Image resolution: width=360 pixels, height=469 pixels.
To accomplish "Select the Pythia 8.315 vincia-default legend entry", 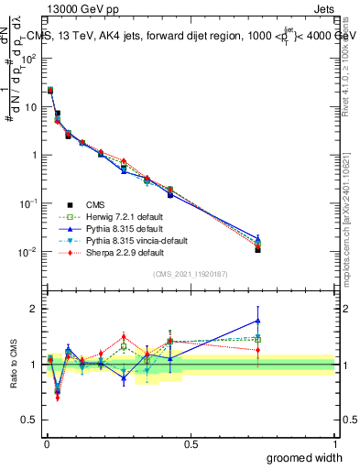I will tap(127, 240).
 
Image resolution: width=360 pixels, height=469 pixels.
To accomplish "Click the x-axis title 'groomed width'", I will tap(304, 457).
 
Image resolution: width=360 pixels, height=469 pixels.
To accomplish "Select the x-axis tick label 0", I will tap(46, 443).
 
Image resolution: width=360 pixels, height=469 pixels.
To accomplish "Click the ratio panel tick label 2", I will tap(34, 309).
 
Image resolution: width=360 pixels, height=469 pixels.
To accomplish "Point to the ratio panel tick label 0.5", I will tap(29, 421).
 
